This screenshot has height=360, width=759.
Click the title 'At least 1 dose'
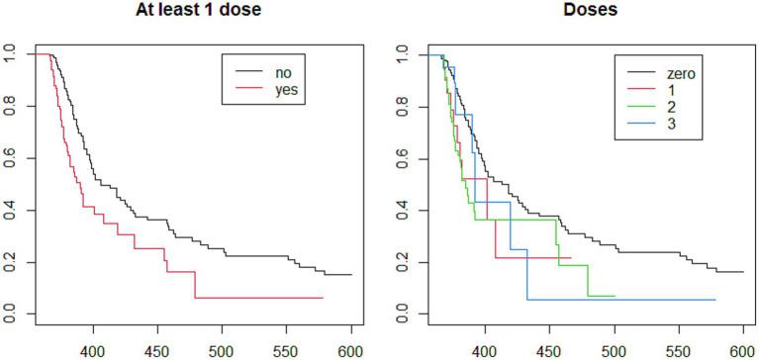click(x=190, y=13)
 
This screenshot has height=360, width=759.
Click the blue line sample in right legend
click(x=643, y=125)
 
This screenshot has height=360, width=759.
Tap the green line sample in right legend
click(x=643, y=107)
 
